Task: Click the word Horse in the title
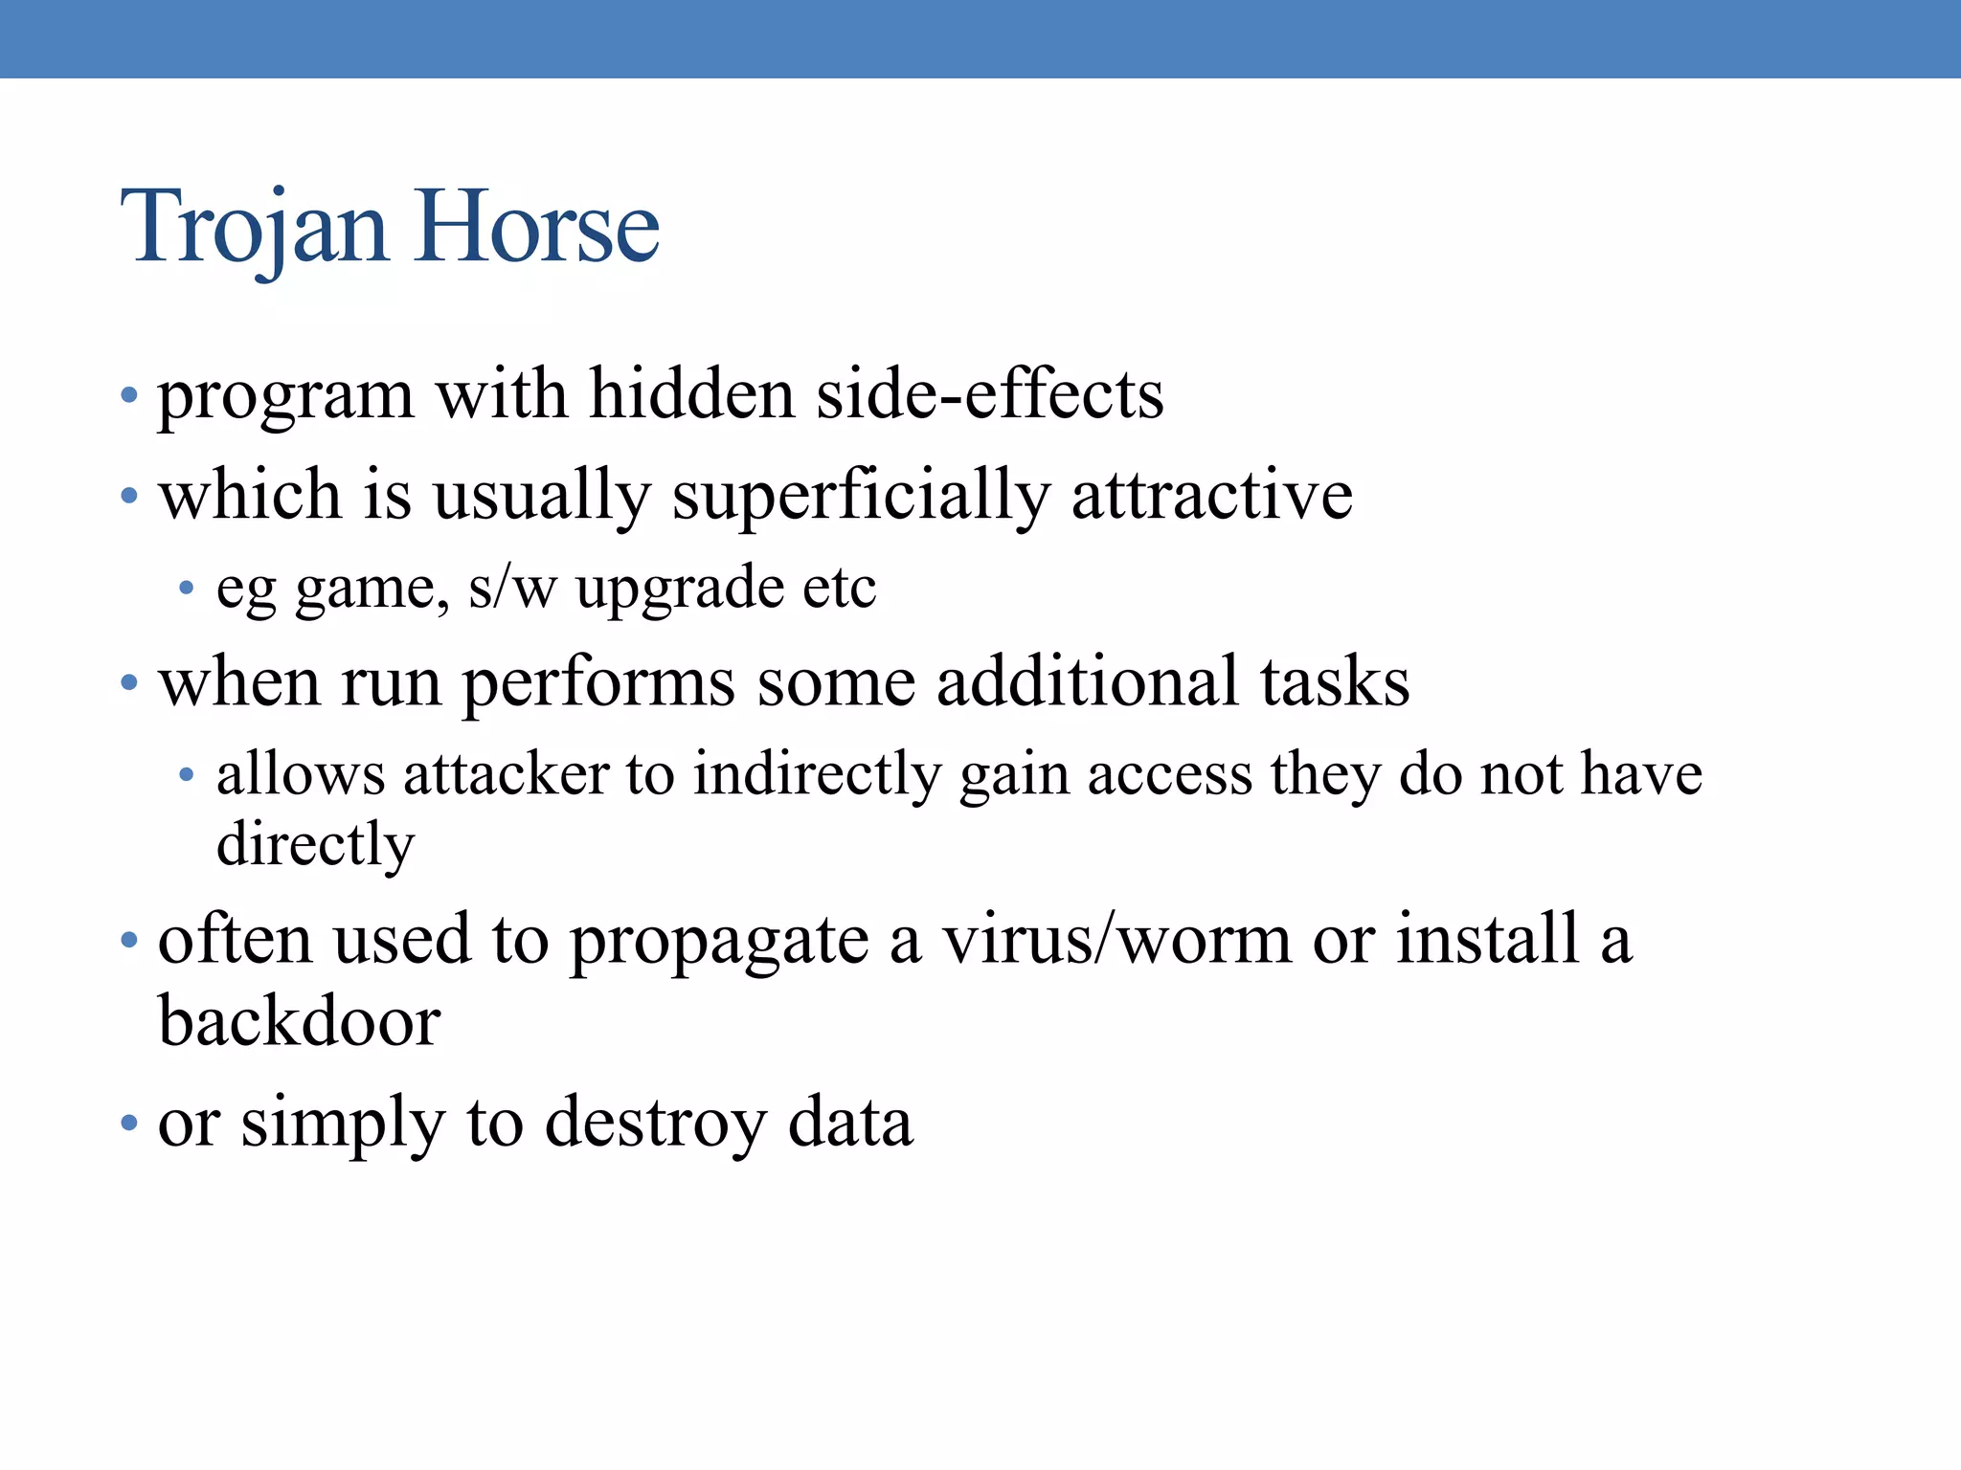pos(538,228)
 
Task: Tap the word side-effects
pos(990,393)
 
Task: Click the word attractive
pos(1211,496)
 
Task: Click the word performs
pos(598,683)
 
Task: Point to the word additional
pos(1088,681)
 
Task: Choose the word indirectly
pos(818,775)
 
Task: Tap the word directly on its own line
pos(315,845)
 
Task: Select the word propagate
pos(719,941)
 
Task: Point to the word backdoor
pos(299,1021)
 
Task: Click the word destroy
pos(655,1123)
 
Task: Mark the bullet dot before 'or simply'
pos(129,1123)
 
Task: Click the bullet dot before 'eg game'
pos(187,588)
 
